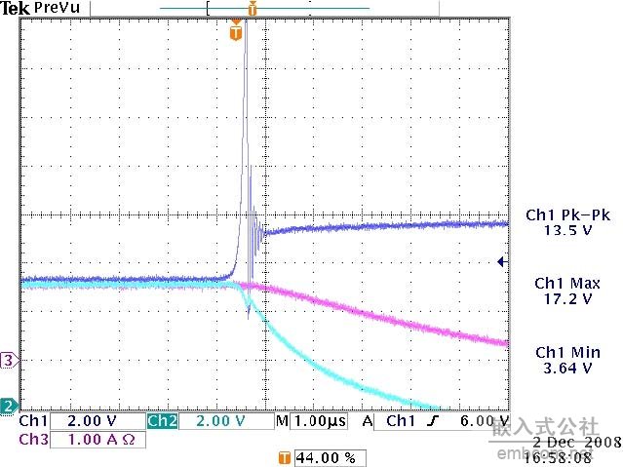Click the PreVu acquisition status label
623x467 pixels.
(x=54, y=9)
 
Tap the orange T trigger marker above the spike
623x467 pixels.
(x=235, y=33)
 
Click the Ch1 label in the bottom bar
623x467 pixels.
(x=32, y=421)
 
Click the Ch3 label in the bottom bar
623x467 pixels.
(x=32, y=440)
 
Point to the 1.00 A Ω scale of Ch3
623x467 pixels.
(x=100, y=440)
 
